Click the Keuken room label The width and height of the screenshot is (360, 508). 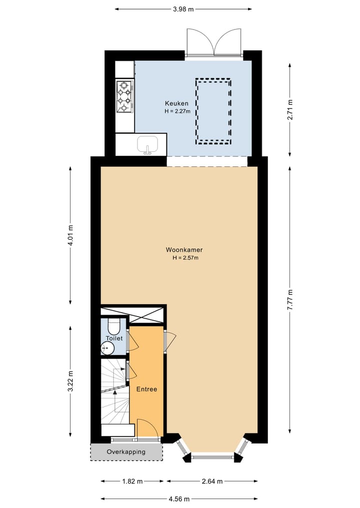177,103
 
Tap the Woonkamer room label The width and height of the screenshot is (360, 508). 184,250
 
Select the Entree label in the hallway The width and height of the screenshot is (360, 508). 147,389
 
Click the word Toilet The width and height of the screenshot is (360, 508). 114,338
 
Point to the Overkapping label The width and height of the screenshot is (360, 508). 126,452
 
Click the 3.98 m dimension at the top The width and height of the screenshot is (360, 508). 183,8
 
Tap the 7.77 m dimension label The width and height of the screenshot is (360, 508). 290,300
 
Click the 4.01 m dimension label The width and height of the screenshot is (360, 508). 70,235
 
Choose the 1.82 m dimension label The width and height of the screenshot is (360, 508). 132,482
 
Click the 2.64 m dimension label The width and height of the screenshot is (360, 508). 211,482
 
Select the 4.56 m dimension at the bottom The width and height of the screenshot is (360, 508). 179,499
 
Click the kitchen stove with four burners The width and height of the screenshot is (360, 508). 124,96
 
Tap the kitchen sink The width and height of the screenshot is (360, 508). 147,144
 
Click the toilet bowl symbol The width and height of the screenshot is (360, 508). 114,327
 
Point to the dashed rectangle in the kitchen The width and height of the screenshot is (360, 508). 213,111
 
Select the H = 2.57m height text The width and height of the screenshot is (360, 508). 185,258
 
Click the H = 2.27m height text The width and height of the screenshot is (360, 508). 177,111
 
